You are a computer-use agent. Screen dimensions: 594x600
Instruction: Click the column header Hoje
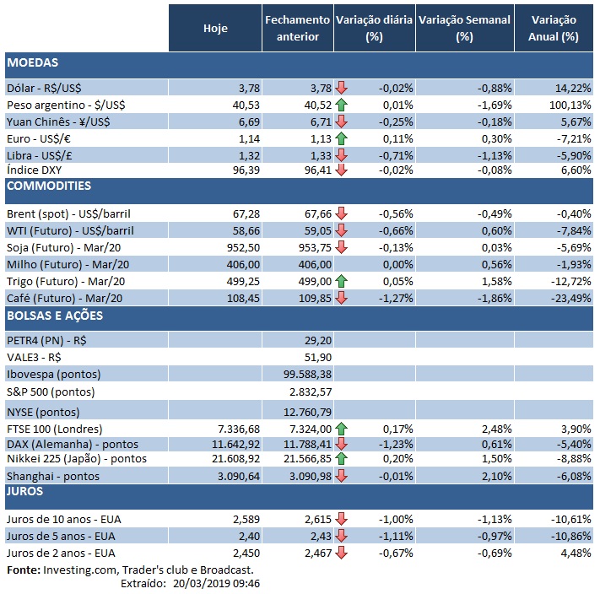(215, 28)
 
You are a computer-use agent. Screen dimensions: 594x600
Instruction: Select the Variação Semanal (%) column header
(463, 28)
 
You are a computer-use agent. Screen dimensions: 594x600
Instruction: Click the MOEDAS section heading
(31, 62)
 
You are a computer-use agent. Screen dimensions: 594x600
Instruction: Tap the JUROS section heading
(24, 489)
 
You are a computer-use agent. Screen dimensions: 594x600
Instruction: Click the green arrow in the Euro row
(341, 138)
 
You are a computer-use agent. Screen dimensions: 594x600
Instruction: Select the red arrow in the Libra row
(341, 154)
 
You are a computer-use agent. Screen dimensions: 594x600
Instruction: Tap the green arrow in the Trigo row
(341, 281)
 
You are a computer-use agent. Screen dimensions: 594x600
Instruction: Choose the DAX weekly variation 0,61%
(494, 442)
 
